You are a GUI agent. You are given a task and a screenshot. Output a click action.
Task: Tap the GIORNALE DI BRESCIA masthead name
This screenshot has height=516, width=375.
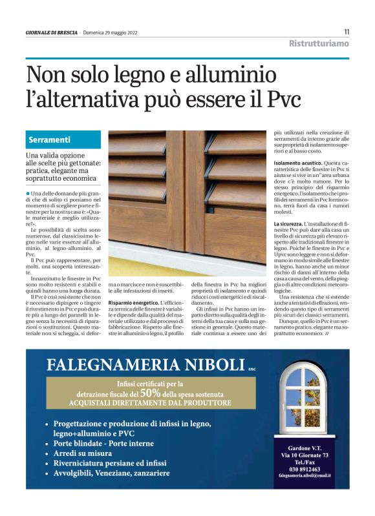point(52,32)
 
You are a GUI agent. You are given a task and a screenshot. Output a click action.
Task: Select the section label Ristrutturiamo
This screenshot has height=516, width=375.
point(319,43)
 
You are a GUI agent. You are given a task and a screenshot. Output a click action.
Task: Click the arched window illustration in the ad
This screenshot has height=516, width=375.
point(303,401)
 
